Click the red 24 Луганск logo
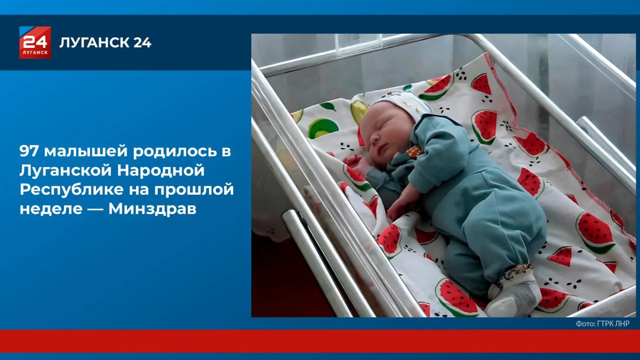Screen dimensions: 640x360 point(35,42)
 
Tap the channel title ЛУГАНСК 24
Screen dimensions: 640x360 point(105,43)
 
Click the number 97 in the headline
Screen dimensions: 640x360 point(29,151)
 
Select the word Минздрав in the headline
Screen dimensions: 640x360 point(153,209)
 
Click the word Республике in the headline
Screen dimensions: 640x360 point(71,190)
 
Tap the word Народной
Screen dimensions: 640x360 point(161,171)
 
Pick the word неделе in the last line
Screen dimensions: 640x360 point(51,210)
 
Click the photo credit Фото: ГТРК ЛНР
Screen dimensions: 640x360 point(603,323)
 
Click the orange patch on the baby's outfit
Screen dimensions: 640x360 point(413,151)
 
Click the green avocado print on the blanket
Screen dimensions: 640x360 point(323,129)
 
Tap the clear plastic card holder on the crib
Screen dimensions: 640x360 point(358,45)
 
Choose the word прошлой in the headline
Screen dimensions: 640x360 point(194,190)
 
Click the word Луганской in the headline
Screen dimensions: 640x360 point(66,171)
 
